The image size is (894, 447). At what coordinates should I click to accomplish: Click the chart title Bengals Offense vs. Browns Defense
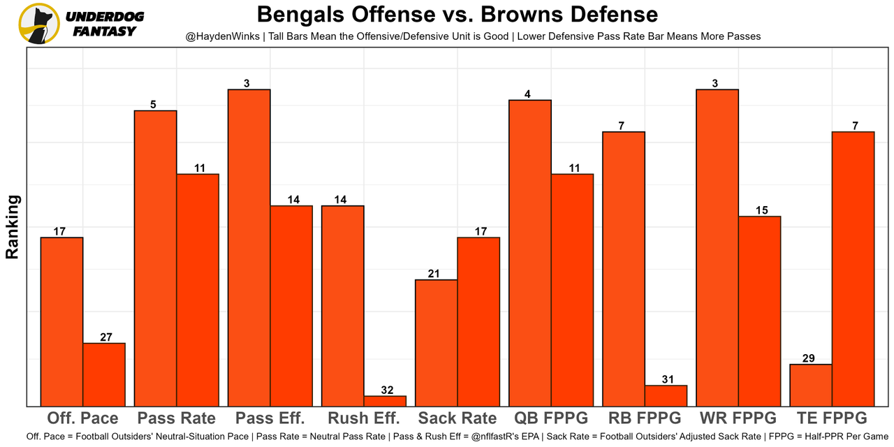[x=457, y=15]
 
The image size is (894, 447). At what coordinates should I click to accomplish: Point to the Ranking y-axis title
[x=13, y=227]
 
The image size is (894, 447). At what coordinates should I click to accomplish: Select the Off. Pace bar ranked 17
[x=62, y=321]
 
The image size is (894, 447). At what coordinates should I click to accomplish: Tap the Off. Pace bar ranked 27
[x=104, y=374]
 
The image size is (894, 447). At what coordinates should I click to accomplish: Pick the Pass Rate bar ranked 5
[x=156, y=258]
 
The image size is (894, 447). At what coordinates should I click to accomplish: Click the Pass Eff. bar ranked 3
[x=249, y=248]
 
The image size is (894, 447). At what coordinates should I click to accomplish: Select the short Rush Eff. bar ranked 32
[x=385, y=401]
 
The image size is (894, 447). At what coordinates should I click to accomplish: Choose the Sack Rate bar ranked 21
[x=437, y=342]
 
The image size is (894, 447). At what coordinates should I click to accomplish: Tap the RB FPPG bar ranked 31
[x=666, y=395]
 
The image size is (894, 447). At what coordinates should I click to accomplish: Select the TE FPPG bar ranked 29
[x=811, y=385]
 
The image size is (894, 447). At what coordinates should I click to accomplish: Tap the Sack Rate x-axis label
[x=457, y=418]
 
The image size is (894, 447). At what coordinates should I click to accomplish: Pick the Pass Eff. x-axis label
[x=270, y=418]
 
